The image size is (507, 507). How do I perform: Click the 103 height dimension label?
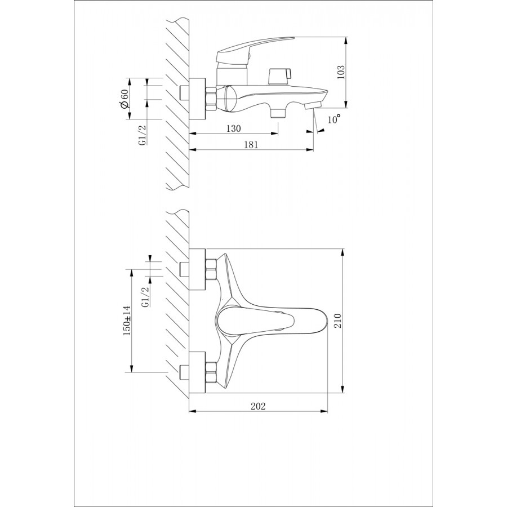(x=340, y=73)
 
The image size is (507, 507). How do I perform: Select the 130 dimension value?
(x=233, y=128)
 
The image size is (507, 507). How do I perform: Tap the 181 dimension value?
(x=251, y=145)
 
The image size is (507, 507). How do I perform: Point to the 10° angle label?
(x=334, y=119)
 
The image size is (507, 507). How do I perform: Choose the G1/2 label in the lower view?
(x=145, y=297)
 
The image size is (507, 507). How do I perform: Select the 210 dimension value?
(x=337, y=321)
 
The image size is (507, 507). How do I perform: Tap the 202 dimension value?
(x=258, y=406)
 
